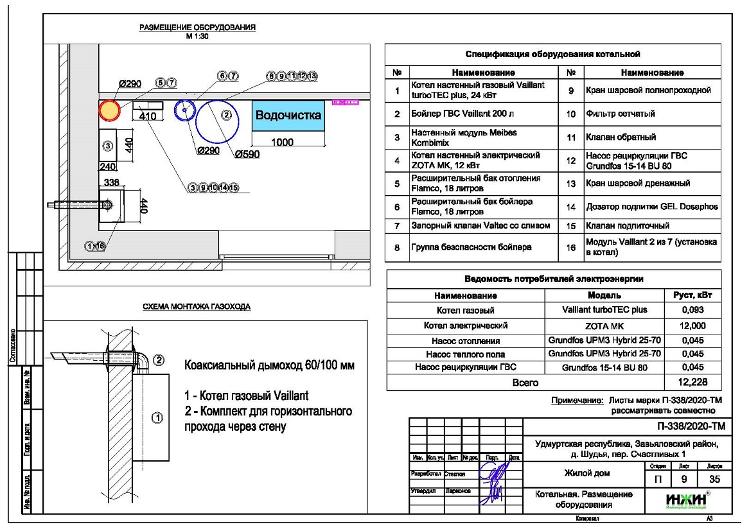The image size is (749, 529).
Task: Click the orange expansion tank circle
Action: tap(109, 110)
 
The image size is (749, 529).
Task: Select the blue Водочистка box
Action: tap(288, 116)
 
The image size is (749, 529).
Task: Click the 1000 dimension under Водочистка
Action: tap(283, 143)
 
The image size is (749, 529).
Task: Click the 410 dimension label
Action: tap(148, 116)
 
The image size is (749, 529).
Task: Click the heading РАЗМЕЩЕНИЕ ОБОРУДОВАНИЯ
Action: tap(198, 28)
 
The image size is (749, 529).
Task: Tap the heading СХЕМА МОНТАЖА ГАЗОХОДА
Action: tap(197, 307)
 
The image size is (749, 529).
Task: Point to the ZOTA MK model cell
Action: tap(604, 325)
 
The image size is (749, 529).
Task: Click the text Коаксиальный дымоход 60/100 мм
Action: tap(269, 366)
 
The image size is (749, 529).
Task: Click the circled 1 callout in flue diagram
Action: tap(157, 419)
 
